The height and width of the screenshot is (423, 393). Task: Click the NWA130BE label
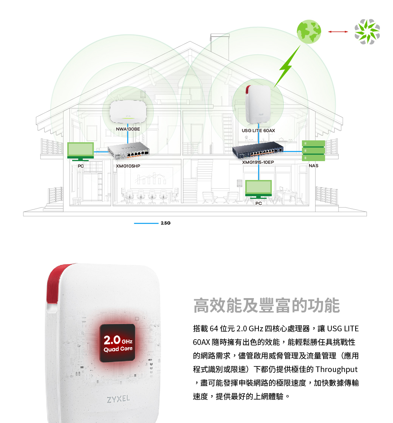click(128, 129)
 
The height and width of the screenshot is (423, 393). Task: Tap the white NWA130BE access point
click(128, 111)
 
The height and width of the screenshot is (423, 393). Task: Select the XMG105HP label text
click(128, 166)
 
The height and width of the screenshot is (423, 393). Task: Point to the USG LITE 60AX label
click(258, 131)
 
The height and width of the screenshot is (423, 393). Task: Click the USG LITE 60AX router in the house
click(258, 105)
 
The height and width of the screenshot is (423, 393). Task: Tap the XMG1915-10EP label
click(258, 162)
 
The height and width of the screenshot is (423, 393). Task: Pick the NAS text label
click(313, 166)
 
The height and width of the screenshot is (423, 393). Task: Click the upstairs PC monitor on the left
click(80, 151)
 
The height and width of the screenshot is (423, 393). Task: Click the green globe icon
click(309, 31)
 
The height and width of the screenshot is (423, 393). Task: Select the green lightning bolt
click(286, 67)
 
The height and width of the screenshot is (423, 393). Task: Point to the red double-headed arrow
click(338, 32)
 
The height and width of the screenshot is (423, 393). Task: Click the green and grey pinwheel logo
click(367, 32)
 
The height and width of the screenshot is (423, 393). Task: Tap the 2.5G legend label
click(166, 223)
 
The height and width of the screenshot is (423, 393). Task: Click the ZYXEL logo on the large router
click(118, 398)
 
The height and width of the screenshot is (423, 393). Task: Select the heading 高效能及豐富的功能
click(266, 306)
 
